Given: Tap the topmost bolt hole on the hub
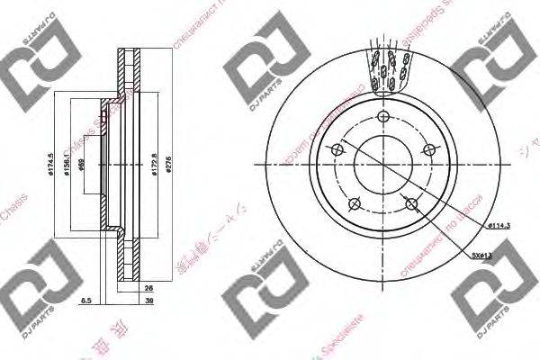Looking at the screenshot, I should click(383, 119).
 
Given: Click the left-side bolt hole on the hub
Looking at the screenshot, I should click(337, 150).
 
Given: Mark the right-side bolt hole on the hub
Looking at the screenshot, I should click(429, 150).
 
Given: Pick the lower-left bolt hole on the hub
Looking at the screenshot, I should click(355, 204).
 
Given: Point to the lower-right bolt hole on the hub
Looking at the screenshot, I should click(411, 204).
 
